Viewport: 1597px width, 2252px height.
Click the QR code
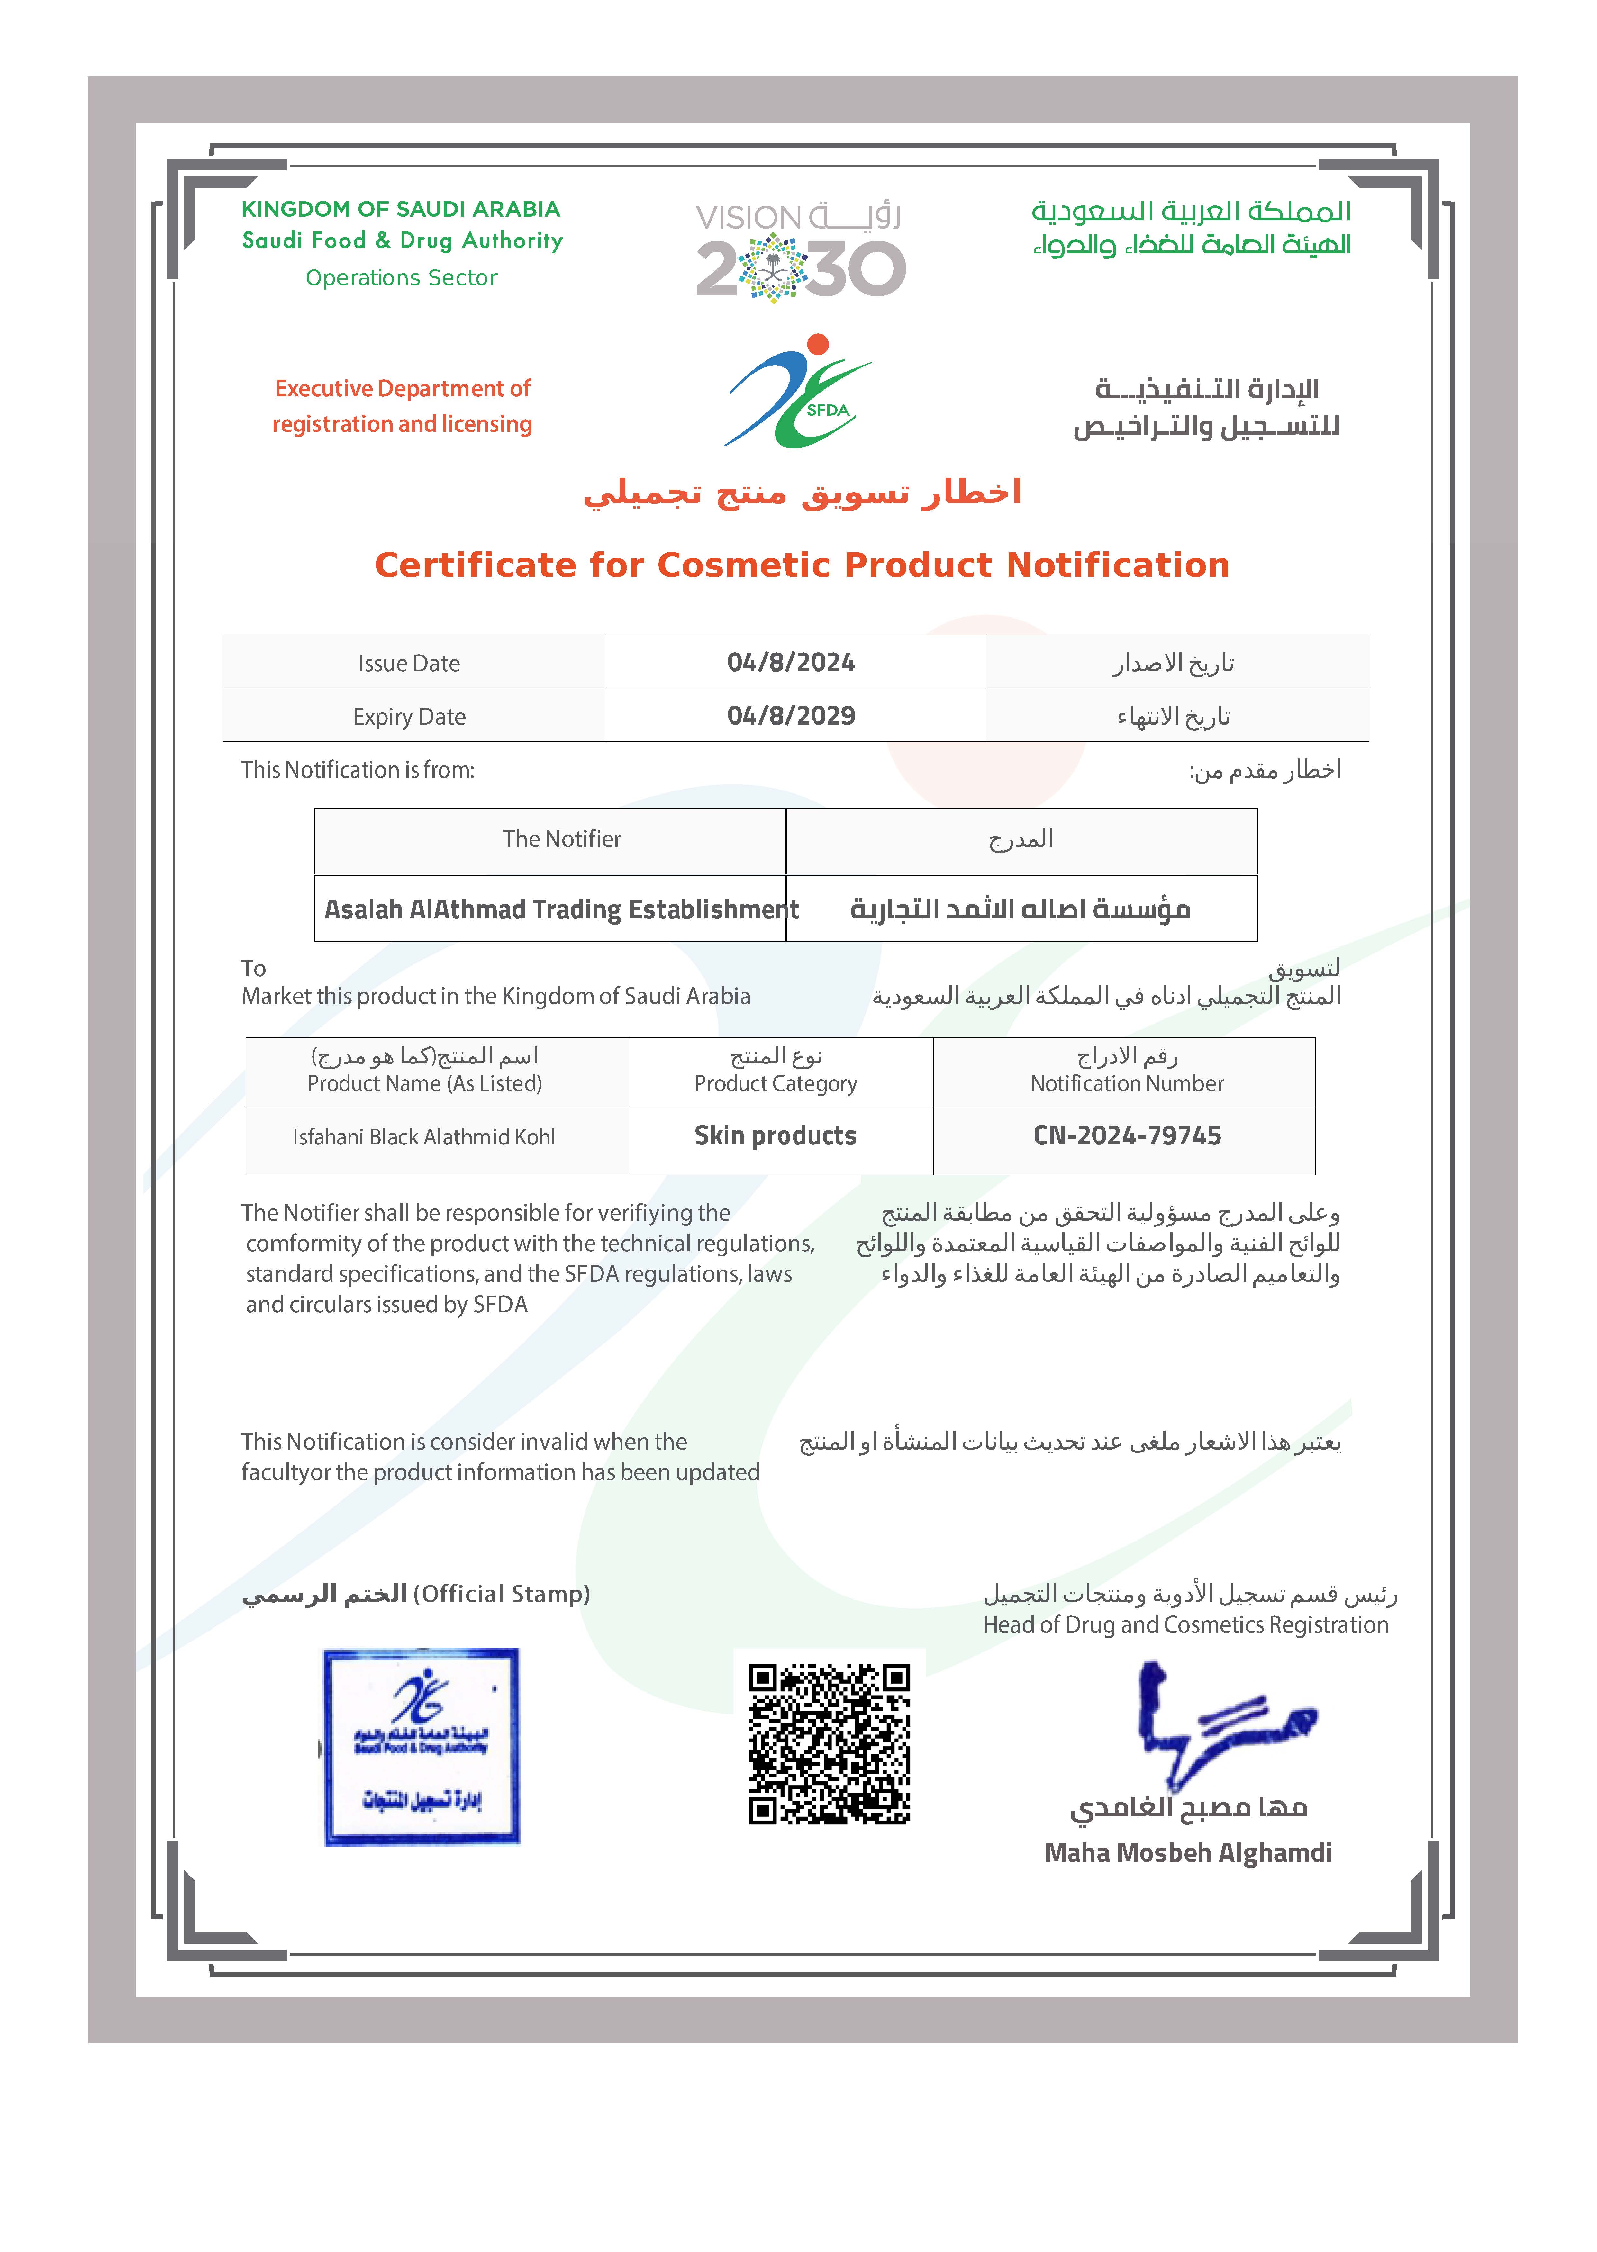click(829, 1744)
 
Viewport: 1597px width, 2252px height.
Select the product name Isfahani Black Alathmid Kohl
click(424, 1137)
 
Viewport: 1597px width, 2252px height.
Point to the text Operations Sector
click(401, 278)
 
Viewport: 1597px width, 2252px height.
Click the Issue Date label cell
click(409, 664)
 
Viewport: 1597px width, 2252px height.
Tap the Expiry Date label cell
click(409, 717)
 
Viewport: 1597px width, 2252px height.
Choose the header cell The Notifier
click(561, 838)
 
